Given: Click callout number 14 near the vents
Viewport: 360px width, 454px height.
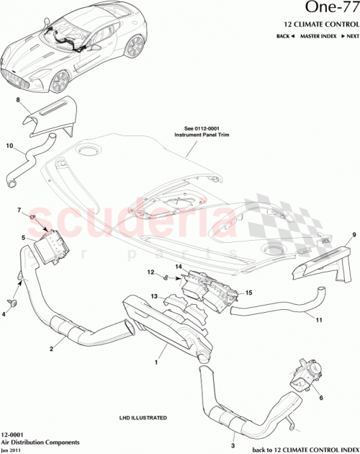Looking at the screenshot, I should coord(177,267).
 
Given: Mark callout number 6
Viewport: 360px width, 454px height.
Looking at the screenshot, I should coord(321,396).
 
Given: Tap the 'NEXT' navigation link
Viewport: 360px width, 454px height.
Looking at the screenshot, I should coord(351,35).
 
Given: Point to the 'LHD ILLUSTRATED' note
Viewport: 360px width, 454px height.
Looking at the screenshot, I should coord(143,417).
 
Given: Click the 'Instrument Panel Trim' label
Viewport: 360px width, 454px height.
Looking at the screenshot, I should coord(195,135).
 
